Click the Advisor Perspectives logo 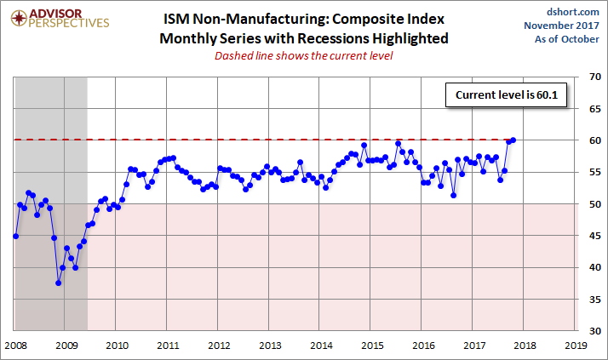coord(57,19)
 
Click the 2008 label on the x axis coord(14,346)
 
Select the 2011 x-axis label coord(168,346)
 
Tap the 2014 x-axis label coord(321,346)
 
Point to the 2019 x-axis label coord(576,346)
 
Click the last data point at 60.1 coord(513,140)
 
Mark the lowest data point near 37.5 coord(58,283)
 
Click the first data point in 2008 coord(15,236)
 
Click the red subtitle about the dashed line coord(304,56)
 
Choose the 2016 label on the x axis coord(423,346)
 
